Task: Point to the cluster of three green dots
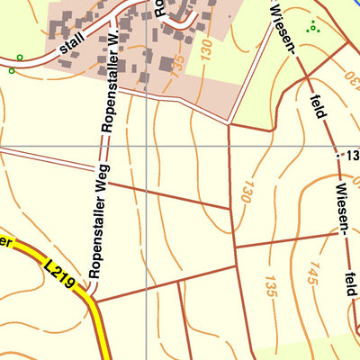pyautogui.click(x=313, y=26)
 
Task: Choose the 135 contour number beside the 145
pyautogui.click(x=269, y=285)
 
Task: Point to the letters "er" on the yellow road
pyautogui.click(x=7, y=241)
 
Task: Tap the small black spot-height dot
pyautogui.click(x=337, y=156)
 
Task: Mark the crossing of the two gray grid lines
pyautogui.click(x=148, y=145)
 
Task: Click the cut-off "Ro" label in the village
pyautogui.click(x=157, y=9)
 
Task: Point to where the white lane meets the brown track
pyautogui.click(x=230, y=122)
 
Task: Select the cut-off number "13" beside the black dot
pyautogui.click(x=350, y=156)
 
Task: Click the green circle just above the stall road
pyautogui.click(x=20, y=58)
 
